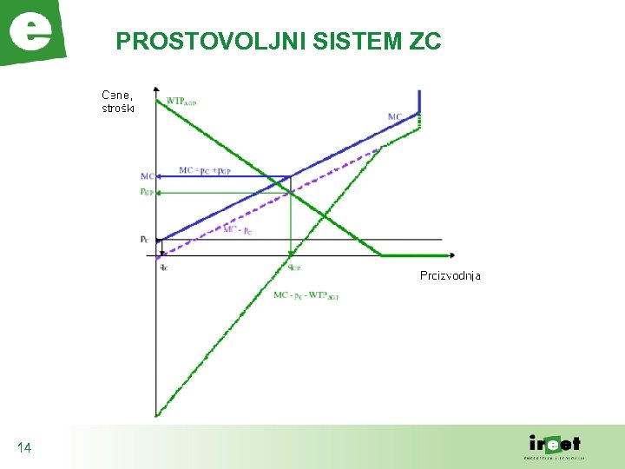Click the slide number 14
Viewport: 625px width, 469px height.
[24, 447]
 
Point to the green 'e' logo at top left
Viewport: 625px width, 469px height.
[31, 32]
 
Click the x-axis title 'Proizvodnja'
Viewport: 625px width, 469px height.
[450, 275]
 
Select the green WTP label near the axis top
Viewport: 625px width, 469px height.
[181, 101]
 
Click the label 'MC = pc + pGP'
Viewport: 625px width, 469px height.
[203, 170]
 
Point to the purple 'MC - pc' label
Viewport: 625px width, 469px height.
[238, 229]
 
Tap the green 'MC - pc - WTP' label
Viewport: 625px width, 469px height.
[306, 295]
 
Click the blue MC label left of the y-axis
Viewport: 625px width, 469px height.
[147, 177]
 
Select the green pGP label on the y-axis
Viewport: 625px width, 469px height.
[147, 192]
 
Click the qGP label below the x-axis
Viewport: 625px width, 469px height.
[294, 268]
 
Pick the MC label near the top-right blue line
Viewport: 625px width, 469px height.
[395, 116]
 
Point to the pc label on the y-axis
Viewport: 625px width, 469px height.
[144, 239]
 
